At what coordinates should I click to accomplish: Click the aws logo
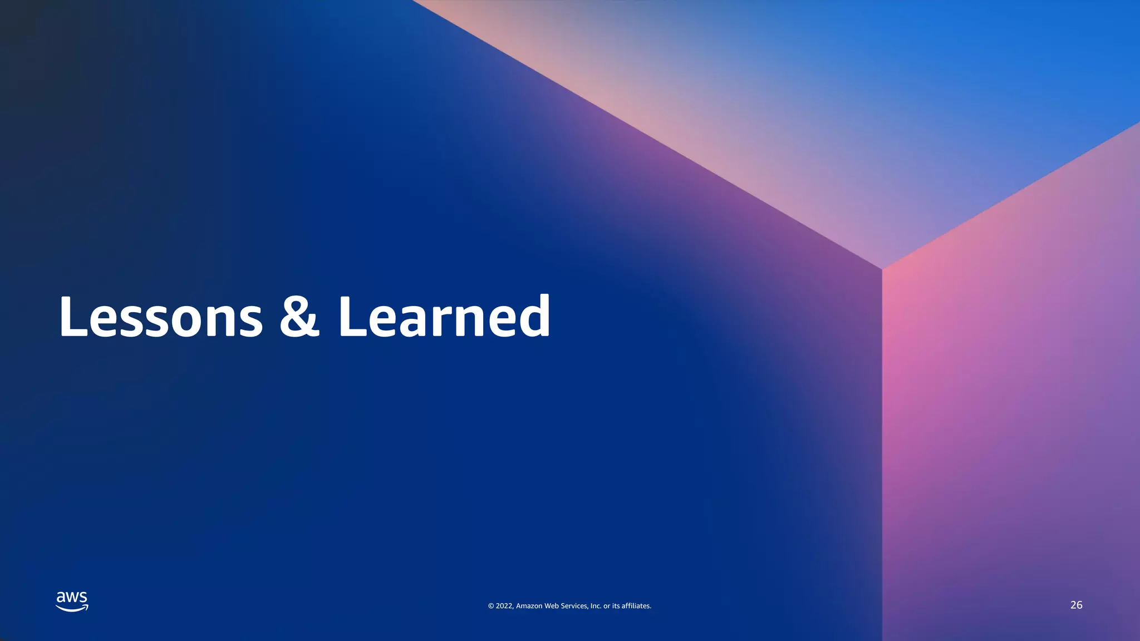tap(72, 601)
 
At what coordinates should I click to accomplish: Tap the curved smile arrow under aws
tap(72, 608)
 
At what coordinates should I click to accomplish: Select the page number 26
tap(1076, 605)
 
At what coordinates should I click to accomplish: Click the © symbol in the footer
tap(491, 606)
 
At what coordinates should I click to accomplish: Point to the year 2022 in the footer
tap(504, 606)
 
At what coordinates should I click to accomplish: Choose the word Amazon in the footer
tap(529, 606)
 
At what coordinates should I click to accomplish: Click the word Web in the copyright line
tap(551, 606)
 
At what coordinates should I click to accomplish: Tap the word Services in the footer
tap(574, 606)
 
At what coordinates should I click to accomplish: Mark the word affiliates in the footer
tap(636, 606)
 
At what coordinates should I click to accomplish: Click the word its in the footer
tap(616, 606)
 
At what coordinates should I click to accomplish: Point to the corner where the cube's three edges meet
tap(882, 269)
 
